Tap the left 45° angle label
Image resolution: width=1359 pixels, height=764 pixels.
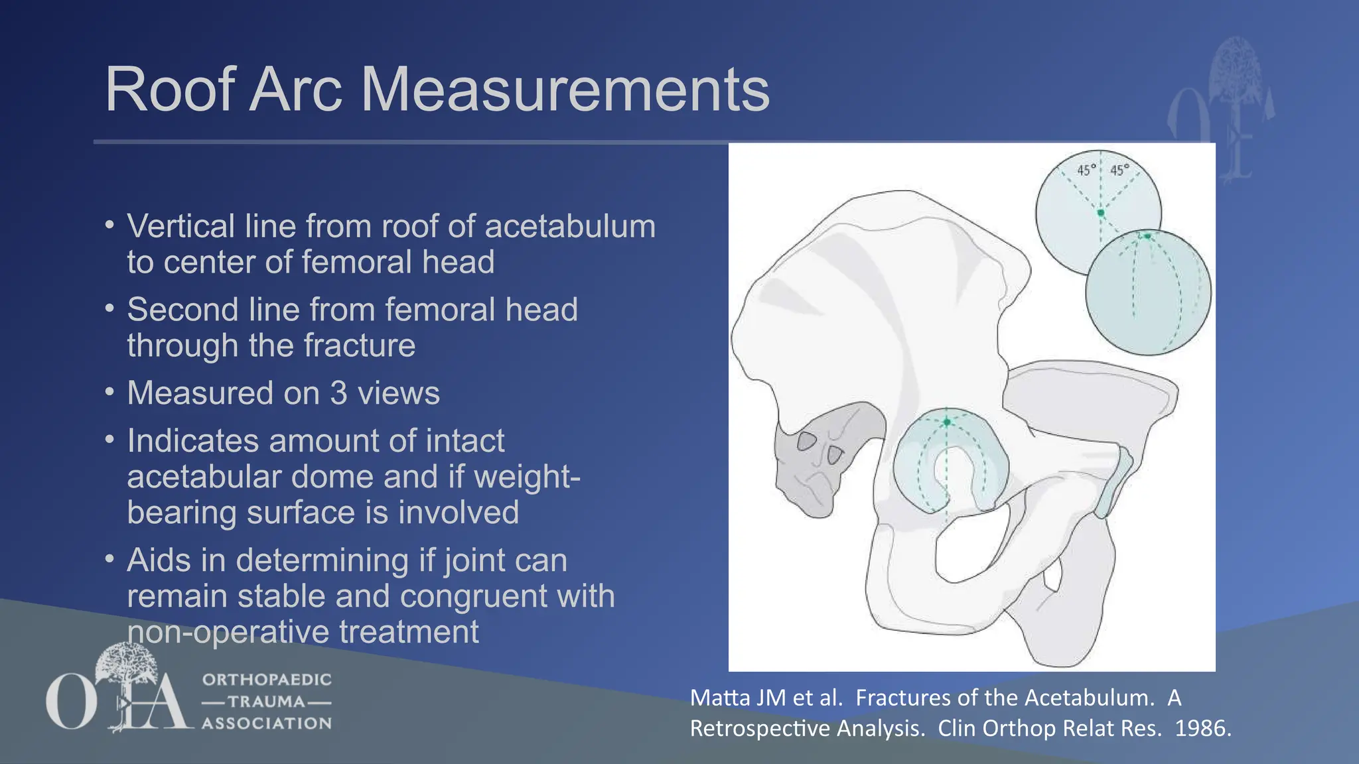tap(1086, 170)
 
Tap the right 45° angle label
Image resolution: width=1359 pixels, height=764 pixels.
tap(1119, 170)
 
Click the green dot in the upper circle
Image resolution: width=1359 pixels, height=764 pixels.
tap(1101, 213)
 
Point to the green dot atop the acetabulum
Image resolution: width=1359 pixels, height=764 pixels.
tap(947, 422)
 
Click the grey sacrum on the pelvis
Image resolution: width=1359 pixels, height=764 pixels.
tap(813, 464)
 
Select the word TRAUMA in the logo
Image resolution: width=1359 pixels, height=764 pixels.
tap(266, 702)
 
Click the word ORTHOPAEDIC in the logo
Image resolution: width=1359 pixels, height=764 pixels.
tap(267, 680)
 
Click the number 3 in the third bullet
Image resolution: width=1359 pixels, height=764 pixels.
tap(338, 393)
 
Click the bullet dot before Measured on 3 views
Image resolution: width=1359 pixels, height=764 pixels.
tap(109, 391)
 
